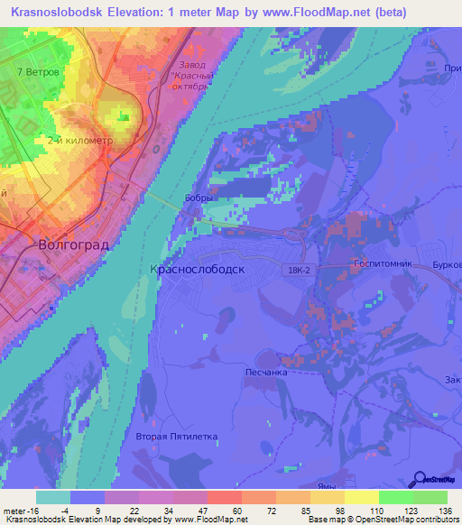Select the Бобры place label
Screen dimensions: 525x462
click(199, 198)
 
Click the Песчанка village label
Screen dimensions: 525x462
click(265, 371)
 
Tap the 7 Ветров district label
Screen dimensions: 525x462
click(38, 71)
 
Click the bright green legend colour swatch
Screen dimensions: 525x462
click(395, 497)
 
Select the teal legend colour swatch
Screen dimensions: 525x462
click(52, 497)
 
